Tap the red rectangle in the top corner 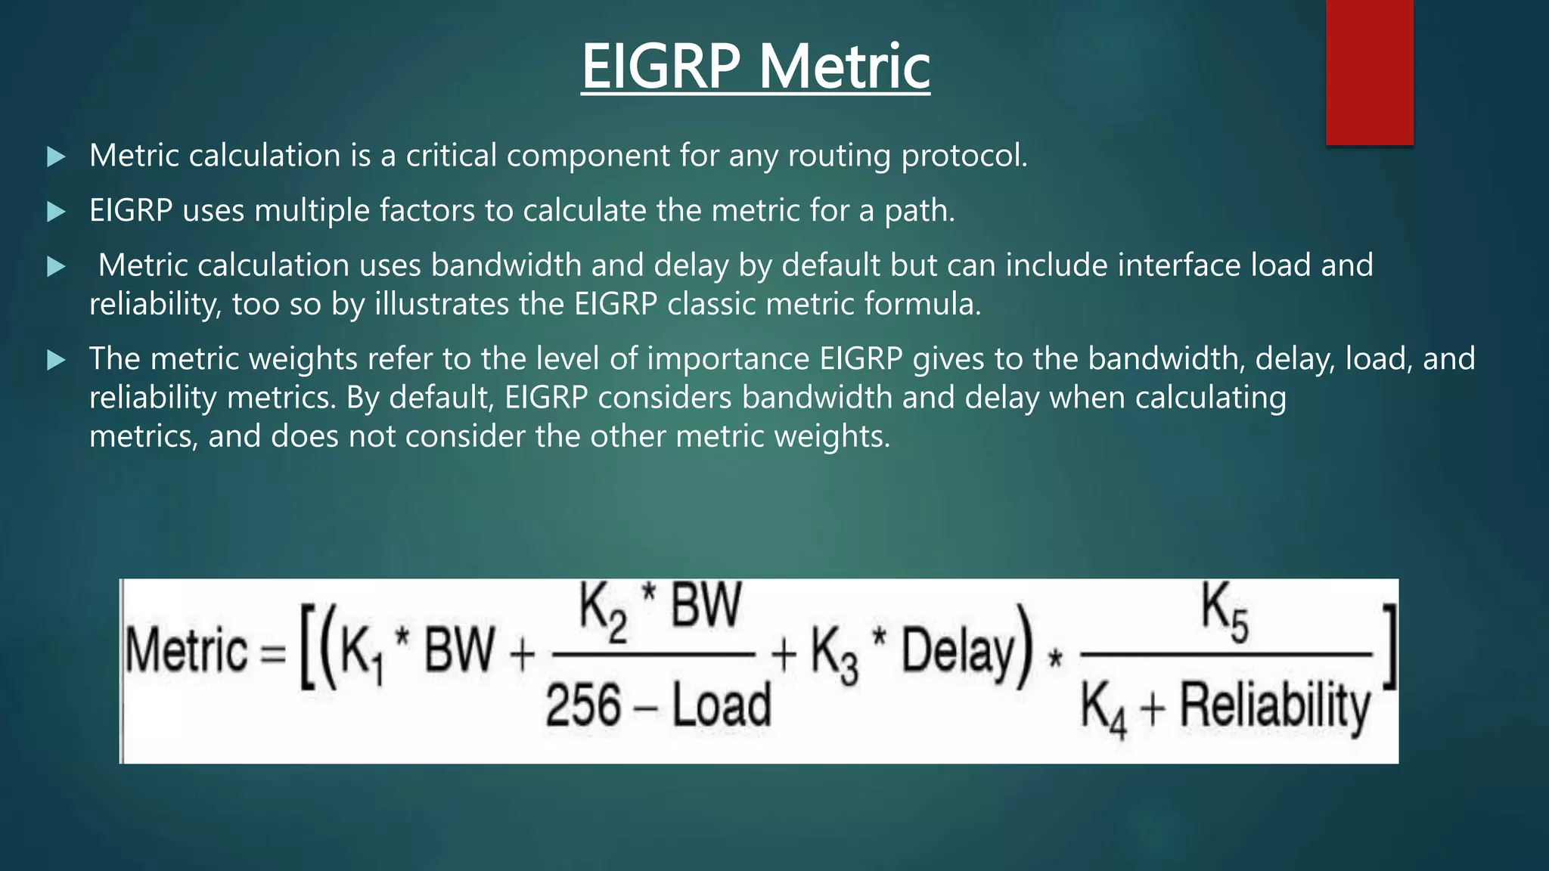point(1369,72)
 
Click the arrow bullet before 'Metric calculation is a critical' point(56,157)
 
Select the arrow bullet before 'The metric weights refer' point(56,360)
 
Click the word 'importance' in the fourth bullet point(727,358)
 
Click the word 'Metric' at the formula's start point(186,652)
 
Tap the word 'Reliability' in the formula point(1275,707)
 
